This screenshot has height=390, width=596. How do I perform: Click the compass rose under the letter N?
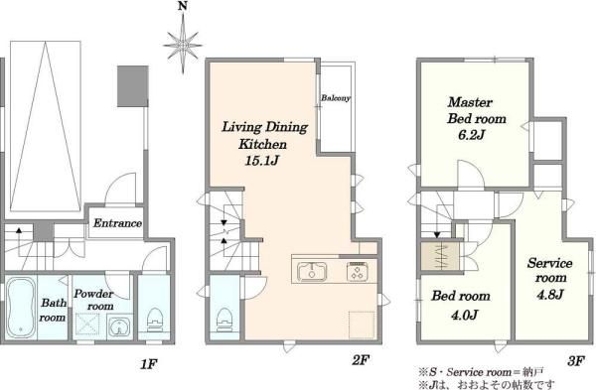tap(183, 45)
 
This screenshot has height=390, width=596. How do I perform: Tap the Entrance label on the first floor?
tap(117, 223)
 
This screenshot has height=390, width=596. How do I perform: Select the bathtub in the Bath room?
tap(21, 307)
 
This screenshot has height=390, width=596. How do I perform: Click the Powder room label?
tap(93, 300)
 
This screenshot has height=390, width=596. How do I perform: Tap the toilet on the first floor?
tap(154, 320)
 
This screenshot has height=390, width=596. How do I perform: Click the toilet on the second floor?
tap(224, 320)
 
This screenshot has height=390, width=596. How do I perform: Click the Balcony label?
tap(336, 98)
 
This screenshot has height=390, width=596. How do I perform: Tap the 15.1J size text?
tap(262, 161)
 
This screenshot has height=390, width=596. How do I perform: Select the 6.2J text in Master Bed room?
tap(471, 135)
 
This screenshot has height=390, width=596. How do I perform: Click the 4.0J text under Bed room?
tap(465, 315)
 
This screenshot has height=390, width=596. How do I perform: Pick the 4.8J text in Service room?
tap(549, 295)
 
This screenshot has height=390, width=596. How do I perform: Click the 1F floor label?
tap(148, 364)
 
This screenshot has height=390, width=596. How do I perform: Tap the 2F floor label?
tap(361, 359)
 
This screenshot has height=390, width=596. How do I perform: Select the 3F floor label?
tap(576, 361)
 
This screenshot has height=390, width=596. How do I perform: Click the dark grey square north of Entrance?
tap(132, 86)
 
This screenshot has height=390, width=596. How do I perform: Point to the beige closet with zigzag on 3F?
tap(440, 256)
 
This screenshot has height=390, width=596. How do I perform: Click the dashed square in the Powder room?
tap(87, 324)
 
